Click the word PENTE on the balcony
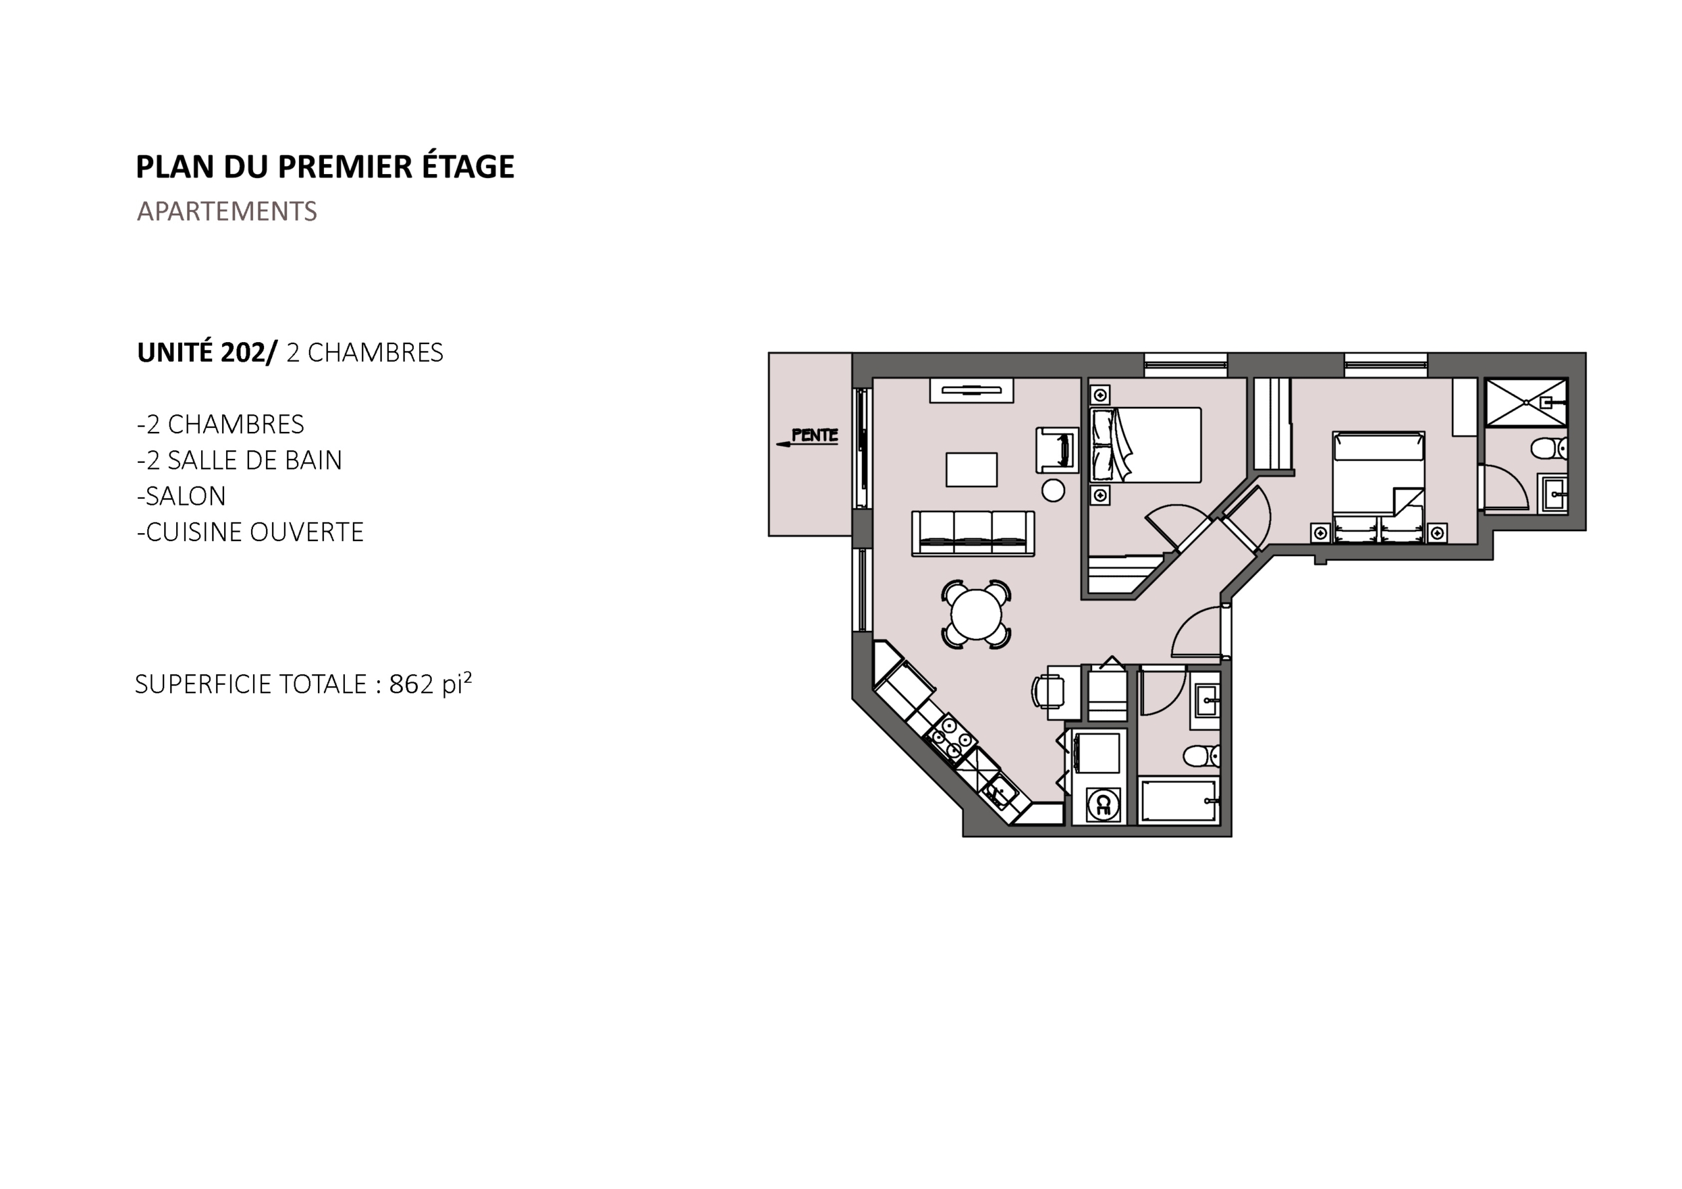815,435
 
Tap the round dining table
976,615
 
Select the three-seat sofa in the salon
973,533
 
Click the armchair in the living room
1057,450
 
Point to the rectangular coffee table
971,469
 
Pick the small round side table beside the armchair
1053,490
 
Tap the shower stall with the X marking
1526,402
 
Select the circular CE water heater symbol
1102,806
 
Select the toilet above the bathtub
1202,755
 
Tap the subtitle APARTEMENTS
227,211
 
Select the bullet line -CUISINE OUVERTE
250,532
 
